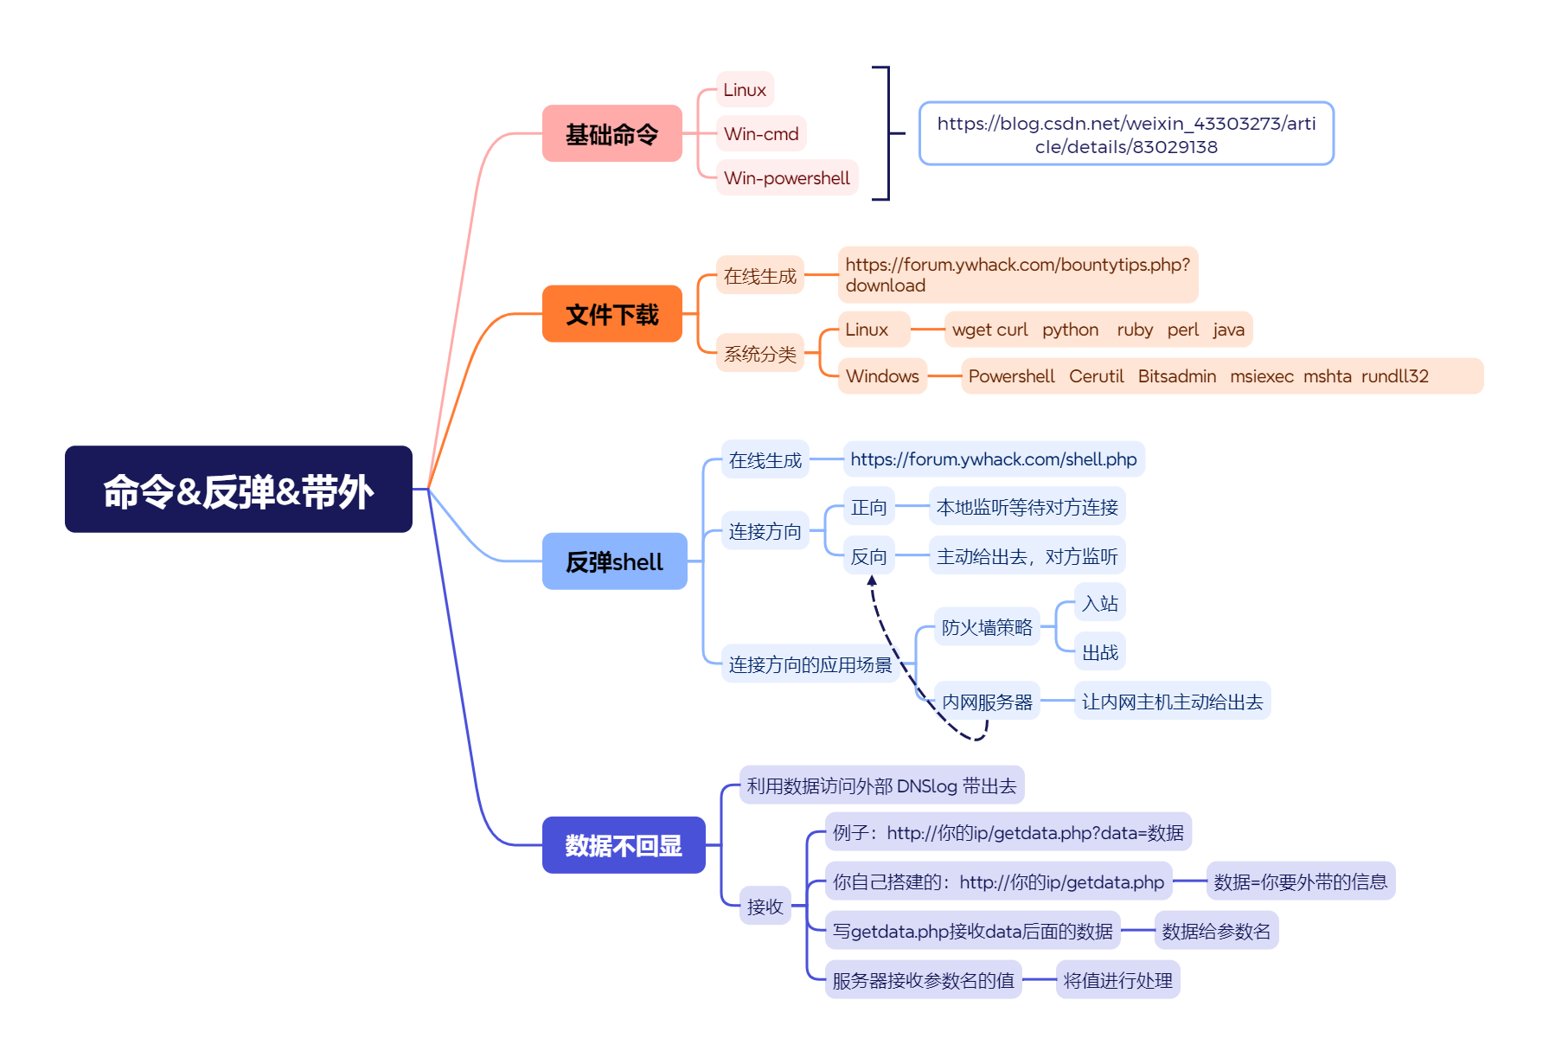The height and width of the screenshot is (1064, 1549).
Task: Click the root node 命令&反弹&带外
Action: pos(238,490)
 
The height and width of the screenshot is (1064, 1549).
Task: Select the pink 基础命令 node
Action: pos(611,134)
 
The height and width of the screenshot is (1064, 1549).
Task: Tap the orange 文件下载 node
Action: pos(611,314)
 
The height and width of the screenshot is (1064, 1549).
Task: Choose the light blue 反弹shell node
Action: pos(614,561)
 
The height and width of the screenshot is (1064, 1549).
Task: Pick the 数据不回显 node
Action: pos(623,845)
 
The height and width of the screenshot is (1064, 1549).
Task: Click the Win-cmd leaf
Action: pos(761,134)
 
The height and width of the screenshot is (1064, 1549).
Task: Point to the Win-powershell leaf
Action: pos(786,178)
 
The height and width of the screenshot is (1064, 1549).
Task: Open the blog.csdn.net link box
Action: pos(1125,134)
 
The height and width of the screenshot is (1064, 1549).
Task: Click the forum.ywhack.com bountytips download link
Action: pos(1017,275)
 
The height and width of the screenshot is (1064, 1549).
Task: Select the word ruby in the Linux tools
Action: pos(1134,330)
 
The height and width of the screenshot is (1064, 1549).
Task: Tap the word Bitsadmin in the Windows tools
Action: pos(1176,376)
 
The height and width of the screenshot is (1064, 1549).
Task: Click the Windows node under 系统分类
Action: pos(882,376)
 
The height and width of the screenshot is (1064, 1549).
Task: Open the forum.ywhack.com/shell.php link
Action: pos(993,459)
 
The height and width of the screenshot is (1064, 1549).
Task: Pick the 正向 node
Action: pos(868,508)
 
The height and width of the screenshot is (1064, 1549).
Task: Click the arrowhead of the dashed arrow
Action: pos(872,581)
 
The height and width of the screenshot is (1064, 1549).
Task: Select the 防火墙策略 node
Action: pos(987,627)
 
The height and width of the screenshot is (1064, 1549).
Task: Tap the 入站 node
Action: pos(1099,603)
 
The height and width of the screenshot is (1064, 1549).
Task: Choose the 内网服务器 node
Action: pos(987,702)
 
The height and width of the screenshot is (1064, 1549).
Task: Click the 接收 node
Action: pos(765,907)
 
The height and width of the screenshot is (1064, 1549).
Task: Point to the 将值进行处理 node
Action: pos(1117,980)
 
